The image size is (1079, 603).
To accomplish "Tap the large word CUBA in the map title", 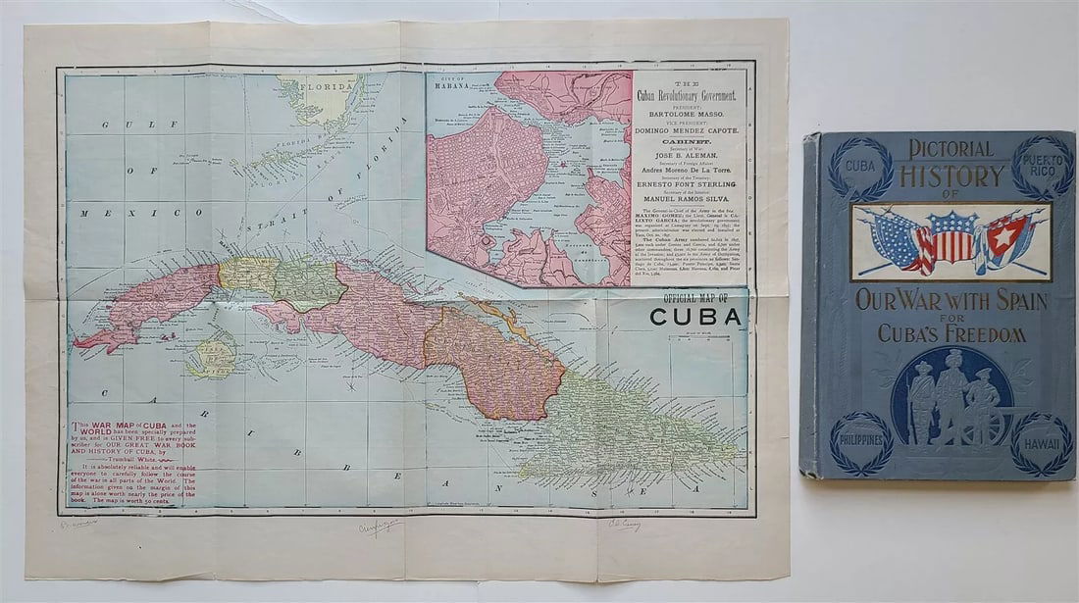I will [697, 317].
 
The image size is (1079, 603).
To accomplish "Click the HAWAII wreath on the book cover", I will [1043, 443].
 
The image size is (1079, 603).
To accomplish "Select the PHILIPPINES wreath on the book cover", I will [861, 443].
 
